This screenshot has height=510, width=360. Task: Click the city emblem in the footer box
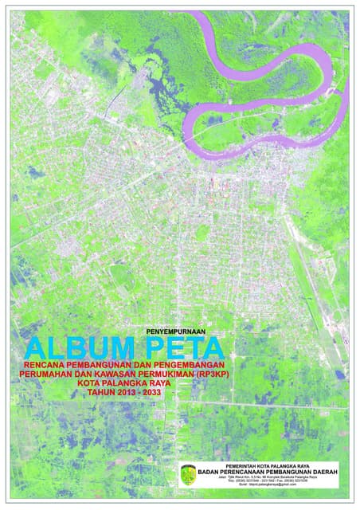189,473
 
